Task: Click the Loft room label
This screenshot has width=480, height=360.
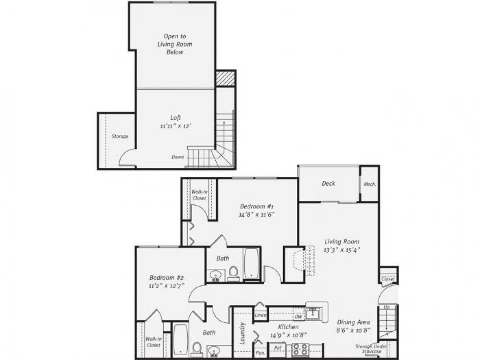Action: coord(176,118)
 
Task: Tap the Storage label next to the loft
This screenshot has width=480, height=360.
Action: coord(120,136)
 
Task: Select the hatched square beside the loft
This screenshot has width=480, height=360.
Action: coord(224,78)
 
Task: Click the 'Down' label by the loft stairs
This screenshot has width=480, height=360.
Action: coord(178,157)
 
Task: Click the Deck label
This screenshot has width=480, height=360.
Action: coord(328,184)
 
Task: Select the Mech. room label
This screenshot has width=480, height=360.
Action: coord(369,184)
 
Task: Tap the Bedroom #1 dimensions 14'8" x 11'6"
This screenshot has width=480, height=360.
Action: coord(256,214)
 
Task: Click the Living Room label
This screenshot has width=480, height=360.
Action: coord(342,241)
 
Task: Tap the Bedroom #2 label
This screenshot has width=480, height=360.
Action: coord(166,277)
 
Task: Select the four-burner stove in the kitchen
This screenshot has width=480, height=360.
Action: coord(300,349)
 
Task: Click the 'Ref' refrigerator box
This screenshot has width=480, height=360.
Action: coord(278,348)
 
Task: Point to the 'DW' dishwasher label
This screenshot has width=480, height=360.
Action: coord(298,316)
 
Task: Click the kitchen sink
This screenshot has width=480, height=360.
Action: coord(314,313)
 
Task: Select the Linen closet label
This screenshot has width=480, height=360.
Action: coord(260,316)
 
